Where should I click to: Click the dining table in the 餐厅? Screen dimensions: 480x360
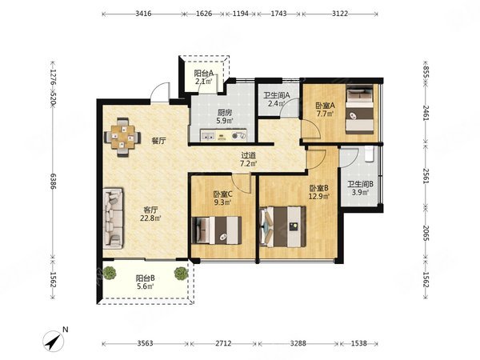tap(122, 137)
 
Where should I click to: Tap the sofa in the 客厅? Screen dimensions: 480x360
tap(114, 218)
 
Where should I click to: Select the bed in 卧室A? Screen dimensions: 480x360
tap(360, 110)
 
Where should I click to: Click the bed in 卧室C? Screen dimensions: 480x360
tap(217, 230)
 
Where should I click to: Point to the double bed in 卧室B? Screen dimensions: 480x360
tap(282, 226)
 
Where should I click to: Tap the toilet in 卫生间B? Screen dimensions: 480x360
tap(370, 153)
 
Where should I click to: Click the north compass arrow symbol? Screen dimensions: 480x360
tap(54, 342)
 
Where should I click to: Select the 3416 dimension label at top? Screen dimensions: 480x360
tap(143, 14)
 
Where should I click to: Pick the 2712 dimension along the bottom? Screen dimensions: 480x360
tap(223, 343)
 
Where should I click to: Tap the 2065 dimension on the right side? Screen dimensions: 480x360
tap(426, 233)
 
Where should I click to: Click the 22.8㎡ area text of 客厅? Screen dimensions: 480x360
tap(150, 218)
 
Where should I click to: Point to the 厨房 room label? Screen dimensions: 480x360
tap(224, 113)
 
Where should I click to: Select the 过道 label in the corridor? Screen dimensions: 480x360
tap(248, 156)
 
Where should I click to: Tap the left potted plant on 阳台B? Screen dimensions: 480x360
tap(110, 273)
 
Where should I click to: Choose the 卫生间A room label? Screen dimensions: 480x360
tap(277, 95)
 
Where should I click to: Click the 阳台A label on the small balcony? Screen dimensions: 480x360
tap(204, 74)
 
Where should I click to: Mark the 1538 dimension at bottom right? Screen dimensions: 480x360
tap(358, 343)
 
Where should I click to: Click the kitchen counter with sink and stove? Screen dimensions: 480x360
tap(223, 135)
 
